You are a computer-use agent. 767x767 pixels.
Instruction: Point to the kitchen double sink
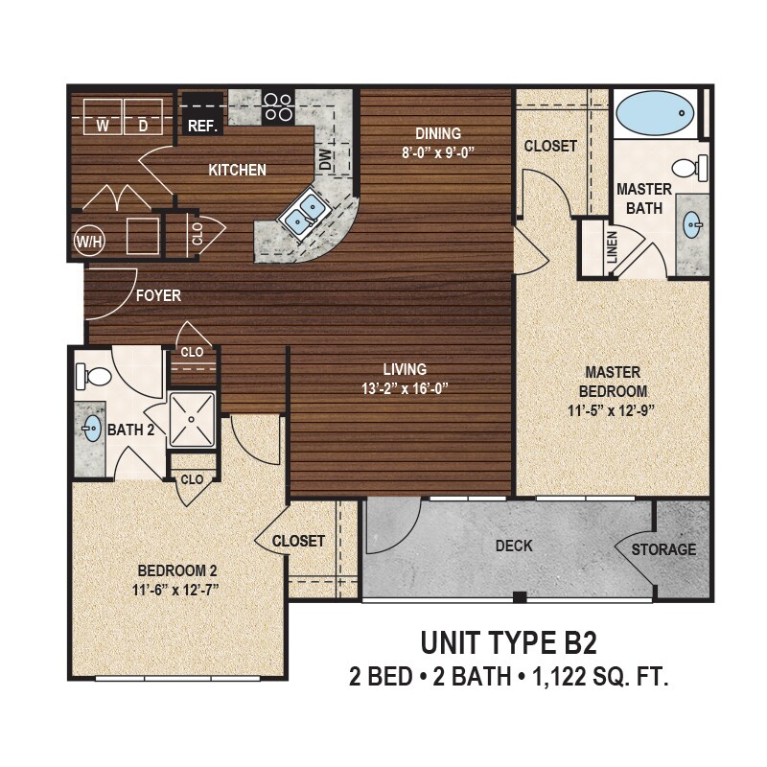[304, 213]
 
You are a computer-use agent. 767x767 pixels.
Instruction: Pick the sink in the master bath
[692, 226]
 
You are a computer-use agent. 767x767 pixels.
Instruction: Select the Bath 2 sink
[92, 428]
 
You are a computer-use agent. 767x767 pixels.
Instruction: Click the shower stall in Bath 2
[195, 420]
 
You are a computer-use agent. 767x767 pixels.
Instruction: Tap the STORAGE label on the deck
[663, 549]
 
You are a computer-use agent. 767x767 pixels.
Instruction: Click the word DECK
[514, 546]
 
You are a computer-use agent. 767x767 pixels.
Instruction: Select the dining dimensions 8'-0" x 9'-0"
[438, 151]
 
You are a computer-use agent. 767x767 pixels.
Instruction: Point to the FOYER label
[158, 295]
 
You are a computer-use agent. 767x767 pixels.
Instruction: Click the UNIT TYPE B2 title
[508, 641]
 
